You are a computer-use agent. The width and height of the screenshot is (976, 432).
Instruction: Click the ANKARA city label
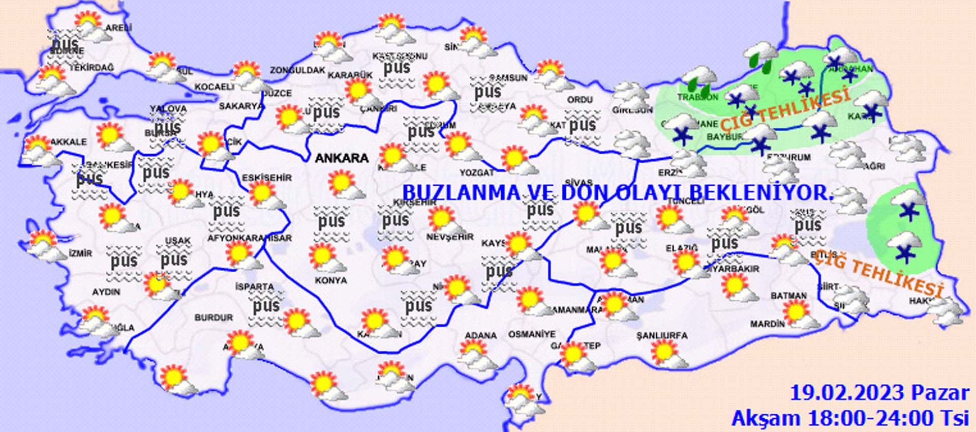click(x=342, y=158)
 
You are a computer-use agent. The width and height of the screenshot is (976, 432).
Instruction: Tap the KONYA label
click(x=330, y=280)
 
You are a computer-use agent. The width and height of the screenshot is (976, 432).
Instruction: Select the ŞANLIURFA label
click(x=662, y=336)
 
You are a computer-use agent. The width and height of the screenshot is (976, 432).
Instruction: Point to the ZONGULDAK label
click(x=297, y=70)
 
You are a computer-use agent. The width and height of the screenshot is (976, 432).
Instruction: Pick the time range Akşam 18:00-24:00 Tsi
click(x=850, y=418)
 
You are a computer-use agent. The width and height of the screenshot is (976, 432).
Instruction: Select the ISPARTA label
click(x=255, y=287)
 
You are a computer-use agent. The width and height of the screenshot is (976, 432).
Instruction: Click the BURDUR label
click(x=213, y=318)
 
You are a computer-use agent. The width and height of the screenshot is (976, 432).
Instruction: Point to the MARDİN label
click(x=767, y=324)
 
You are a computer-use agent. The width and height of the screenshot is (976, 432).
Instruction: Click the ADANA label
click(x=480, y=336)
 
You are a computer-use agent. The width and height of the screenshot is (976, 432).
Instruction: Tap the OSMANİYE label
click(x=532, y=334)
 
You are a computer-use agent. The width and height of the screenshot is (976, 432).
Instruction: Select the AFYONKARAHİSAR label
click(x=250, y=238)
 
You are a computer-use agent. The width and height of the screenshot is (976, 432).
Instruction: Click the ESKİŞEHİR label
click(x=267, y=178)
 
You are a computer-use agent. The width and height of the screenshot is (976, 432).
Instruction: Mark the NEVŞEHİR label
click(x=450, y=237)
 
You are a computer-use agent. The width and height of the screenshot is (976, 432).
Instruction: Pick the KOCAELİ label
click(x=215, y=87)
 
